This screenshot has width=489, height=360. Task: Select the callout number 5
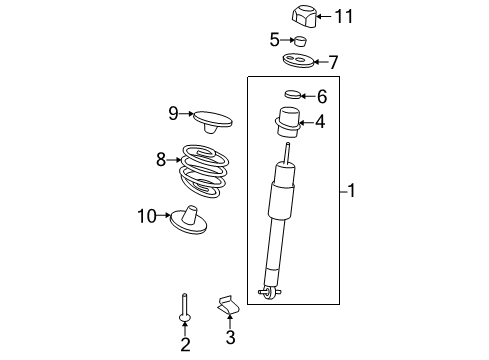click(274, 40)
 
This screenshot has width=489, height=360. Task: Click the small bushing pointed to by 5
click(297, 41)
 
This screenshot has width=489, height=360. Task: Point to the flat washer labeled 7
click(299, 62)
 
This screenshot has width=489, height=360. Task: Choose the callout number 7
click(333, 62)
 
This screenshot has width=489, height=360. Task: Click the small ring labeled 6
click(291, 96)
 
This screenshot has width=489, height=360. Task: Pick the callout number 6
click(321, 97)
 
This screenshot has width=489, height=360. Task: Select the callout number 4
click(320, 123)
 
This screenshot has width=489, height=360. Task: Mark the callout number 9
click(173, 114)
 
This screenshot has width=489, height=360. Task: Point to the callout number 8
click(160, 158)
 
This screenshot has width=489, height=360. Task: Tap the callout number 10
click(147, 214)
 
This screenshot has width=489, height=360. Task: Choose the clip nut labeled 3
click(229, 301)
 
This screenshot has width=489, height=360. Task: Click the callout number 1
click(351, 190)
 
